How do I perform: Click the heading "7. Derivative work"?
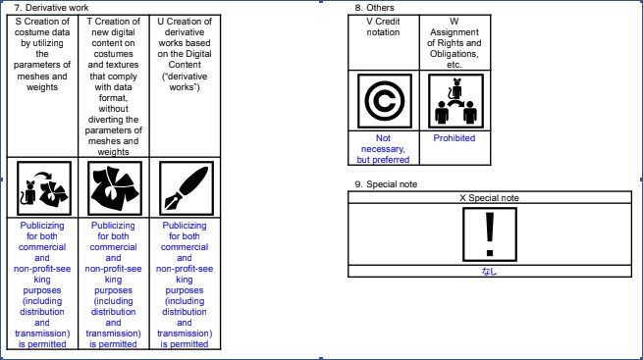pos(51,8)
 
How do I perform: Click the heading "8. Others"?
pos(374,8)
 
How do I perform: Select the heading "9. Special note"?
pos(386,184)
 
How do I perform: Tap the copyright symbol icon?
pos(384,101)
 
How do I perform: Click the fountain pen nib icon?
pos(187,188)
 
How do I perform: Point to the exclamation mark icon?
pos(490,234)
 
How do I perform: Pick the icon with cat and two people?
pos(455,101)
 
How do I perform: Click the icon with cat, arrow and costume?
pos(44,188)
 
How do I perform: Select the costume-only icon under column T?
pos(115,188)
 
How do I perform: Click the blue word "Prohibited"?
pos(455,138)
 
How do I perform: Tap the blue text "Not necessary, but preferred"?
pos(383,149)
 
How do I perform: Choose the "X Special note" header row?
pos(490,198)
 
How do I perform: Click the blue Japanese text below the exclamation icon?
pos(489,271)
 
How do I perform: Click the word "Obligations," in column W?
pos(455,54)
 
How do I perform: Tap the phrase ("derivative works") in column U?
pos(185,81)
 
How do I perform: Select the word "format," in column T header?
pos(113,98)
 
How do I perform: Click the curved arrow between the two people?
pos(455,104)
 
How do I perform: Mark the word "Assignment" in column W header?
pos(455,32)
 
